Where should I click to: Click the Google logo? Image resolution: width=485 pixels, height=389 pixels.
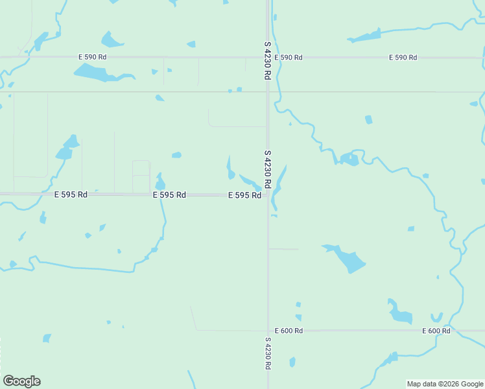coord(21,381)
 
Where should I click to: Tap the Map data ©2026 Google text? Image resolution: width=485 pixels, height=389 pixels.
coord(445,384)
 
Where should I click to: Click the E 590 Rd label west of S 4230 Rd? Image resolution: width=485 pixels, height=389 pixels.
coord(92,57)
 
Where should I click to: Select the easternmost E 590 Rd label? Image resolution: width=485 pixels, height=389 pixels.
coord(403,58)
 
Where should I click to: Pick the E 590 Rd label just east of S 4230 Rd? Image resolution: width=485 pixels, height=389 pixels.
coord(289,58)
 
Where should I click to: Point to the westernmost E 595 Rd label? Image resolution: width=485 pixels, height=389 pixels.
coord(71,194)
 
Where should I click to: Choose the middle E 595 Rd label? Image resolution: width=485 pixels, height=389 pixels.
coord(169,194)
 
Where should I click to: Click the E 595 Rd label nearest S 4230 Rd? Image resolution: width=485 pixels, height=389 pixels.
coord(244,195)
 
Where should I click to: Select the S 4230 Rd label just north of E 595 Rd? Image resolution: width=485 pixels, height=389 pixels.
coord(267,170)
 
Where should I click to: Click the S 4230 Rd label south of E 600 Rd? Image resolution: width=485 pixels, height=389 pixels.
coord(268,353)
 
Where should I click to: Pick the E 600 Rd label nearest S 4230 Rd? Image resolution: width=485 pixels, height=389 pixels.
coord(289,331)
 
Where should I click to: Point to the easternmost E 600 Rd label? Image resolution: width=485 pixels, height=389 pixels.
coord(436,331)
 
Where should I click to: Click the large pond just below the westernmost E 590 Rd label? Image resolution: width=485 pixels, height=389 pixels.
coord(97,73)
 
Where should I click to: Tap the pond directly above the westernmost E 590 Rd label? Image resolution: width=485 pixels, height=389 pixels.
coord(112,40)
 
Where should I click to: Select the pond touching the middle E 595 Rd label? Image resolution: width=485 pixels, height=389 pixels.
coord(160,182)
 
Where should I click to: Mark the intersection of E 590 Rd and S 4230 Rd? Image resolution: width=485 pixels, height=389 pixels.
coord(268,57)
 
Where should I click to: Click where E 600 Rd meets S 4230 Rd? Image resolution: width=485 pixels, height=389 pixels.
coord(268,331)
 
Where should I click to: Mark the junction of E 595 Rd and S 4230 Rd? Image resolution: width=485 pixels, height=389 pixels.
coord(268,194)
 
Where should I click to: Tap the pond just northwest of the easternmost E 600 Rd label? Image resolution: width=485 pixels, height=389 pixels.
coord(400,313)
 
